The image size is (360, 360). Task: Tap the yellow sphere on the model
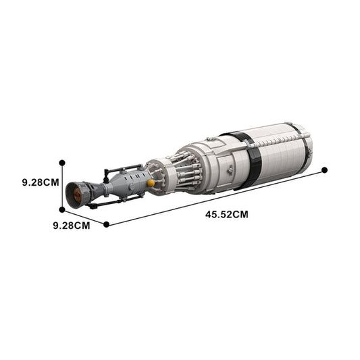[x=151, y=182]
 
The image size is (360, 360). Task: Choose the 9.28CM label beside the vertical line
[x=40, y=182]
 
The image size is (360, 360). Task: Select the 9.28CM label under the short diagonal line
[x=71, y=225]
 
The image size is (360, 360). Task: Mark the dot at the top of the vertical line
[x=63, y=162]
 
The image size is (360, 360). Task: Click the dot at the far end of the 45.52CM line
[x=324, y=170]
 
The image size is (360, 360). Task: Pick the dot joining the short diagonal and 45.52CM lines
[x=106, y=224]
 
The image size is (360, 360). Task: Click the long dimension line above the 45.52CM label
[x=216, y=197]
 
